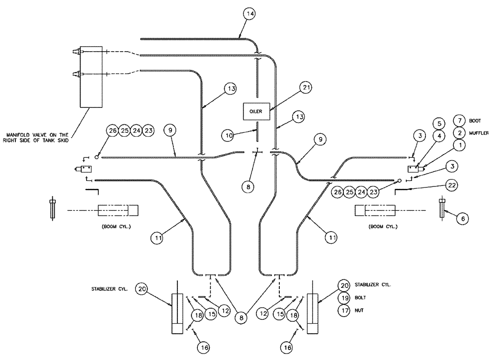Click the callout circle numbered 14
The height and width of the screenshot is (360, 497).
click(250, 14)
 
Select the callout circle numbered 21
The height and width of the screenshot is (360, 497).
click(307, 88)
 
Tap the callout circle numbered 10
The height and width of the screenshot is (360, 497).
click(228, 134)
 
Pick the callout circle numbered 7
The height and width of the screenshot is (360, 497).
click(460, 121)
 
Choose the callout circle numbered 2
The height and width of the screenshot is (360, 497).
click(460, 133)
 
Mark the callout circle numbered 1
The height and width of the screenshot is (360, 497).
click(460, 145)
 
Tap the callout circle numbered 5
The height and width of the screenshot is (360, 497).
click(438, 122)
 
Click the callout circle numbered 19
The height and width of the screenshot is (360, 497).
click(343, 298)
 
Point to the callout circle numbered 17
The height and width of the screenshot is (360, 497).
click(343, 311)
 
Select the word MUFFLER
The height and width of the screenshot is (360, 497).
click(480, 133)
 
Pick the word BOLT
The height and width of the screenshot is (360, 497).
click(360, 298)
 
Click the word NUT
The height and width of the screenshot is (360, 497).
click(359, 311)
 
